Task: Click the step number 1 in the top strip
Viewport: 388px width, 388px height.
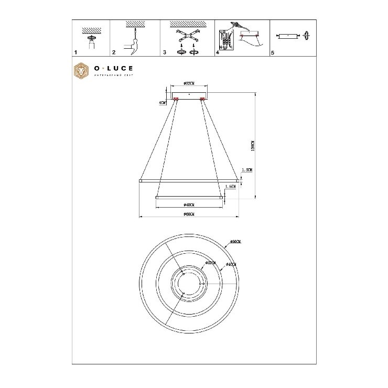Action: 76,52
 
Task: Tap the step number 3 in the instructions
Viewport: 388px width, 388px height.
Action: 165,52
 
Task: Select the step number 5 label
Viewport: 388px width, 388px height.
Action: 273,52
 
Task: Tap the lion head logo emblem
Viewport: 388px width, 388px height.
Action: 81,72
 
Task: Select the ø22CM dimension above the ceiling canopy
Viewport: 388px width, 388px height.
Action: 190,83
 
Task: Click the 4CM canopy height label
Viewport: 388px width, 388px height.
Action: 163,103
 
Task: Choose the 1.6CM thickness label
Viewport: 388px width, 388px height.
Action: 230,186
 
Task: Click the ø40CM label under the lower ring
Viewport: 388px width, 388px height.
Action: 189,204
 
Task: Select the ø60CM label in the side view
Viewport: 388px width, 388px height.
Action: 189,214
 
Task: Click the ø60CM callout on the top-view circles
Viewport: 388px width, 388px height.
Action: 235,242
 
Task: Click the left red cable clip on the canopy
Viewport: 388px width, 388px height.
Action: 176,98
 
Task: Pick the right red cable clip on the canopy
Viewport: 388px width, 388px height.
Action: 202,98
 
